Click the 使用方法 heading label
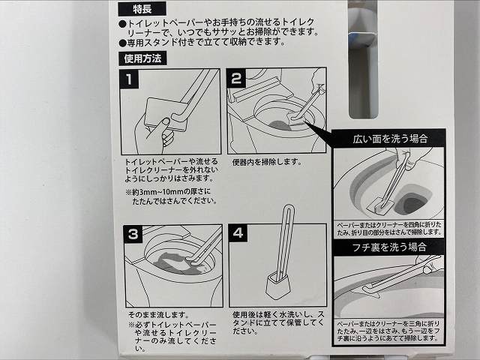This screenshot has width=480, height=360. pos(142,58)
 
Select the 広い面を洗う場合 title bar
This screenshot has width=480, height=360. pos(389,139)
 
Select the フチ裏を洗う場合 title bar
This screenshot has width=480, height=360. pos(389,247)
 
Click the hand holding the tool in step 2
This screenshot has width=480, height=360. pos(315,79)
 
